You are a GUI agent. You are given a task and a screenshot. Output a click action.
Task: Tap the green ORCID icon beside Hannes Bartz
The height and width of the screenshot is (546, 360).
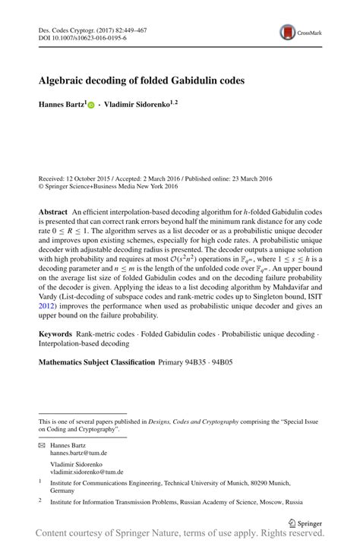[92, 104]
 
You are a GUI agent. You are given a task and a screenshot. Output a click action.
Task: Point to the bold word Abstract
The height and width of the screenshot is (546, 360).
[53, 210]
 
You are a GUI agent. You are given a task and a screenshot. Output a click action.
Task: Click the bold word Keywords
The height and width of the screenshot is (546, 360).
[55, 335]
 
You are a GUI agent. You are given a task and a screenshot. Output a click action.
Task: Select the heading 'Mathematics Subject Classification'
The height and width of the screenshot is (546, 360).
[97, 362]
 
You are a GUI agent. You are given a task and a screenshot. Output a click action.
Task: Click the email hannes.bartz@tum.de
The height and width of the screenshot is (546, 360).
[77, 452]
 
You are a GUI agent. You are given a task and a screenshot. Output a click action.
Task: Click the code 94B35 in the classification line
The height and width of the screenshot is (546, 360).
[198, 362]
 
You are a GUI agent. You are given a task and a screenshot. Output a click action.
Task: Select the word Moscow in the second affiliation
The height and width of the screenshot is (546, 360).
[257, 502]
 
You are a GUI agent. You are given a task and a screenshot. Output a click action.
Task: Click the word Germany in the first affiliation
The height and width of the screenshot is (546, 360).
[63, 490]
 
